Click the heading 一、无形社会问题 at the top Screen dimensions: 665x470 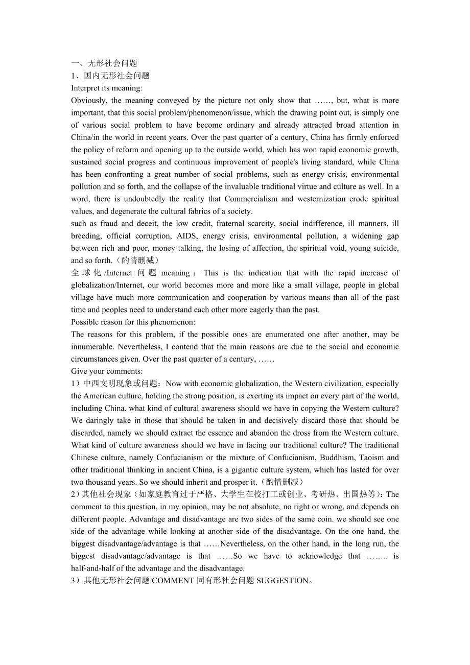(104, 63)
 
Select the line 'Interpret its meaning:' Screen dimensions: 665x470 (106, 88)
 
